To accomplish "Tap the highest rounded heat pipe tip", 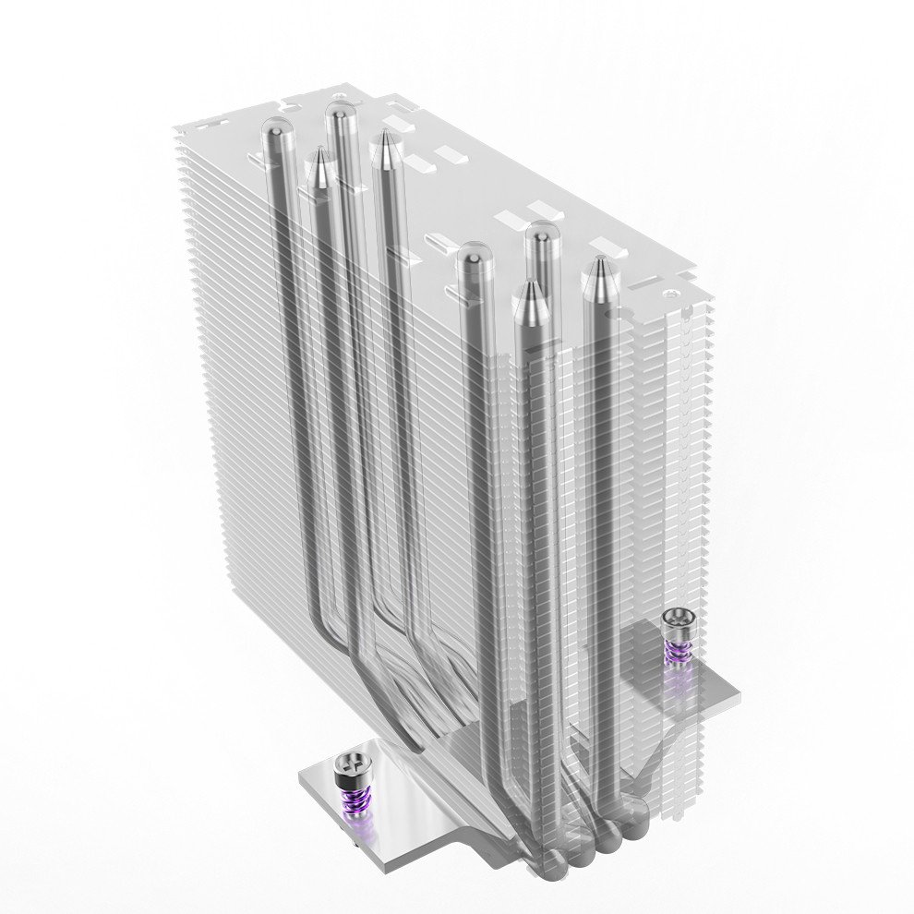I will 341,116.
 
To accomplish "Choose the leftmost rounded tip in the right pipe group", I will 475,257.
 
